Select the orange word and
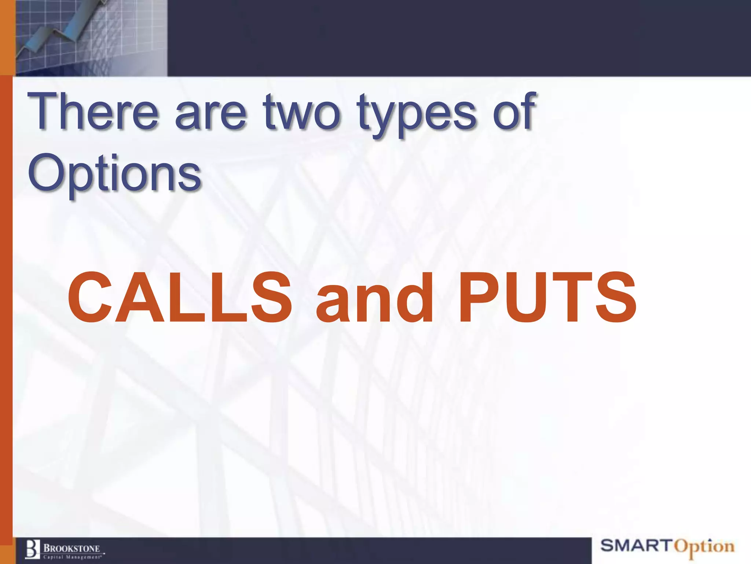pos(374,298)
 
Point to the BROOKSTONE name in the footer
pos(72,548)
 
